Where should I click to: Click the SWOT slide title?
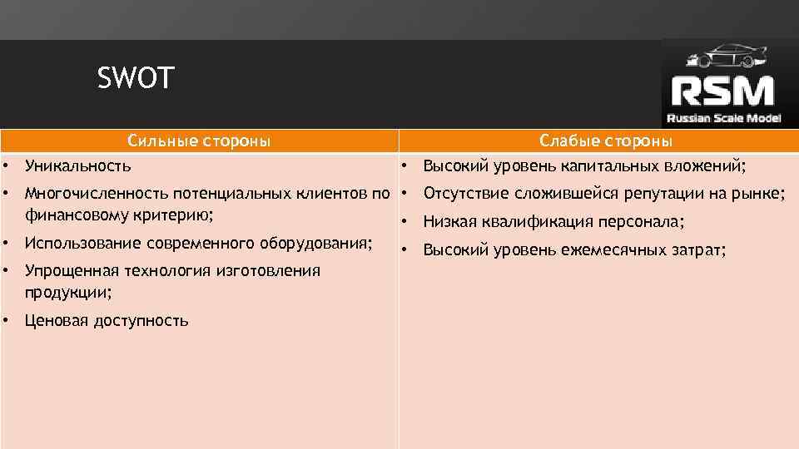[x=136, y=79]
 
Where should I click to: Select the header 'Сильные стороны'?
[x=199, y=141]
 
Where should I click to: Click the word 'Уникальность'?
[x=78, y=166]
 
